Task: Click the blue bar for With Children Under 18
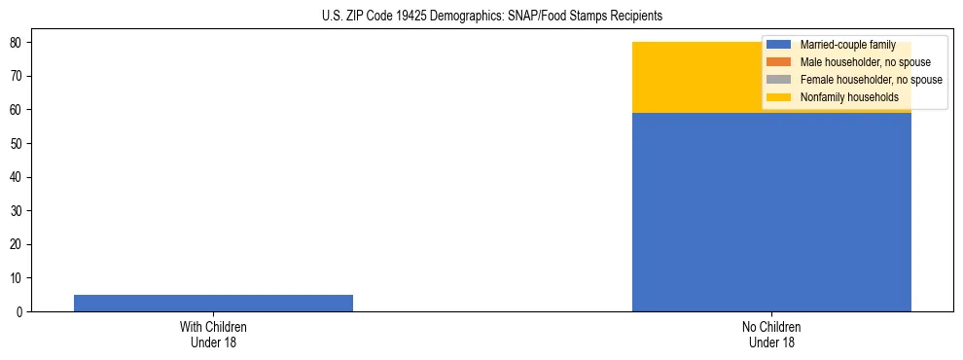213,303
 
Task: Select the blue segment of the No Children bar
771,212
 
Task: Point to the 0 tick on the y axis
20,312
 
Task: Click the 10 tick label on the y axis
18,278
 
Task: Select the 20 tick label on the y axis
18,244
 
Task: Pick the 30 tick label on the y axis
18,211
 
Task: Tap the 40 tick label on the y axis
18,177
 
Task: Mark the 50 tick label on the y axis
18,144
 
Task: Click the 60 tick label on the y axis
18,110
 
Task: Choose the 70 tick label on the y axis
18,76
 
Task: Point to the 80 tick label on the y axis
18,43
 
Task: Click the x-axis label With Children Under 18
213,334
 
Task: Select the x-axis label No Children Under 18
771,334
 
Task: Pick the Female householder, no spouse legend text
871,80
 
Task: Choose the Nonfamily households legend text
849,97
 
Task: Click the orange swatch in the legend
779,62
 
